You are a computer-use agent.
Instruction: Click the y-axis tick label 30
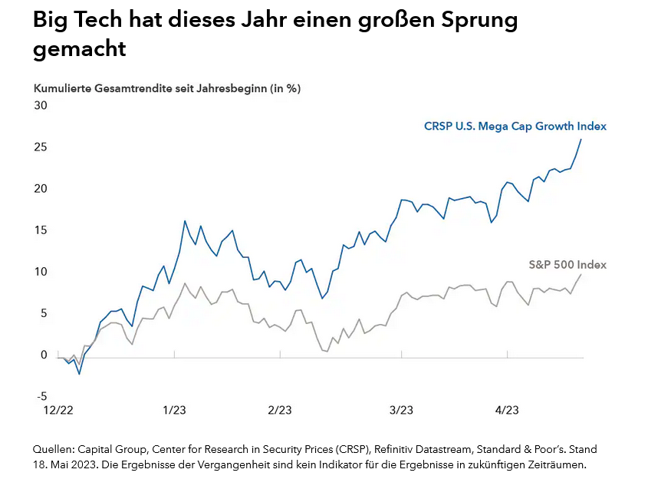(x=40, y=105)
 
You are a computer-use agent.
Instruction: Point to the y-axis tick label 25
(x=40, y=147)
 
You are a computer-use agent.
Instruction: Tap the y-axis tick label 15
(x=40, y=230)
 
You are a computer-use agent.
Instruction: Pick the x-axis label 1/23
(x=174, y=411)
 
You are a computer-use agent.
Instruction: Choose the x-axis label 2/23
(x=279, y=411)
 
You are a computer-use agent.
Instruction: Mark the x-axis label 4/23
(x=507, y=411)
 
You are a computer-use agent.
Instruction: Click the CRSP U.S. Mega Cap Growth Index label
(x=515, y=127)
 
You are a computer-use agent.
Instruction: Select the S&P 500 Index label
(x=567, y=265)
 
